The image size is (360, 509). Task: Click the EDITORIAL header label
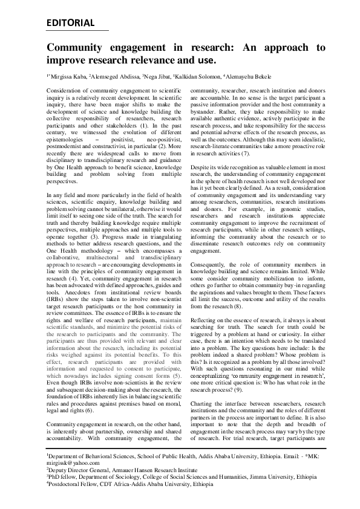[x=70, y=24]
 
